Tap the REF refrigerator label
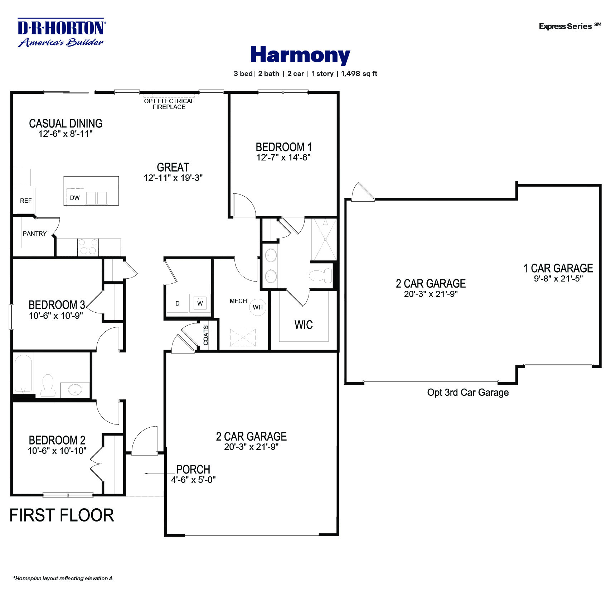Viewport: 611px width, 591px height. click(x=26, y=201)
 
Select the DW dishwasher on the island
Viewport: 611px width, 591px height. click(x=75, y=198)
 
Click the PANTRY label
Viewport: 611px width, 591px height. click(x=35, y=234)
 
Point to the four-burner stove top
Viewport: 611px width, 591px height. click(x=88, y=247)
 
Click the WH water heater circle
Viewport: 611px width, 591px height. click(x=258, y=307)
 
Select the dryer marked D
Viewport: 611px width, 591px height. click(x=177, y=303)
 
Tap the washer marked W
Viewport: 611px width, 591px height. click(x=200, y=303)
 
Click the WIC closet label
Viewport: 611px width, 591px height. click(x=304, y=325)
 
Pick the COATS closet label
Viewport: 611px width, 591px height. click(x=206, y=335)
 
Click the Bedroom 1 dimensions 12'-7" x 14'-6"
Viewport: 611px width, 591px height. click(x=283, y=158)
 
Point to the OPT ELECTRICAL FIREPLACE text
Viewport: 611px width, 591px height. click(x=169, y=104)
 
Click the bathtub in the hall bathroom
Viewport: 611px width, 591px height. click(x=23, y=374)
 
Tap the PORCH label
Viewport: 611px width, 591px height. click(x=193, y=469)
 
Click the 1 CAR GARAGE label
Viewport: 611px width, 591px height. click(x=558, y=268)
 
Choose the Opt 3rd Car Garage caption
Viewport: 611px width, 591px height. click(x=467, y=393)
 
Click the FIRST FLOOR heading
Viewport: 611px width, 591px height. click(x=62, y=515)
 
